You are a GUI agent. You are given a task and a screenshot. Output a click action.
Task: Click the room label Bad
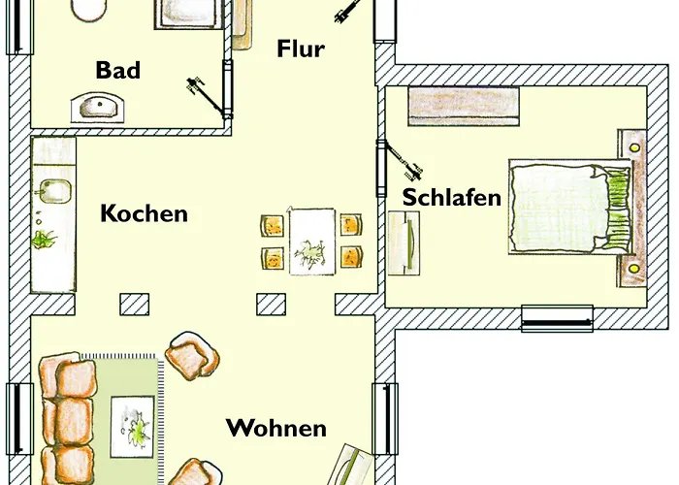click(x=117, y=70)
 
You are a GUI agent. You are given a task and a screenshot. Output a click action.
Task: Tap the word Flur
click(x=300, y=48)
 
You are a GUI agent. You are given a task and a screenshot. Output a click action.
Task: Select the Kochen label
click(x=144, y=213)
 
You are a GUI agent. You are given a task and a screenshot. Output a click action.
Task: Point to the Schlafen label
click(x=452, y=197)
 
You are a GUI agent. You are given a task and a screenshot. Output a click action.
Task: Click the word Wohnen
click(x=275, y=428)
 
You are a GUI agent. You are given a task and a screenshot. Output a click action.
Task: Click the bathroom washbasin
click(x=99, y=106)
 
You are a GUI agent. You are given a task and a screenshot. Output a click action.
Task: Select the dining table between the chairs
click(x=312, y=241)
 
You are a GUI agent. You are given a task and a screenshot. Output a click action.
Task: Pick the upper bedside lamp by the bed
click(x=634, y=146)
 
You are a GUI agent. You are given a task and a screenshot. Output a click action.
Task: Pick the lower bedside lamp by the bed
click(x=634, y=266)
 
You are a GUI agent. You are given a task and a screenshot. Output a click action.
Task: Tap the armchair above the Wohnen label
click(x=194, y=356)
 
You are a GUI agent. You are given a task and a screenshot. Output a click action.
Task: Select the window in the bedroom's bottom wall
click(x=557, y=318)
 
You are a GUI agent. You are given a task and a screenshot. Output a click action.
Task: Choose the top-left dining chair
click(x=272, y=225)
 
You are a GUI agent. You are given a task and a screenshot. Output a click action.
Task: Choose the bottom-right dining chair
click(x=350, y=258)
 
